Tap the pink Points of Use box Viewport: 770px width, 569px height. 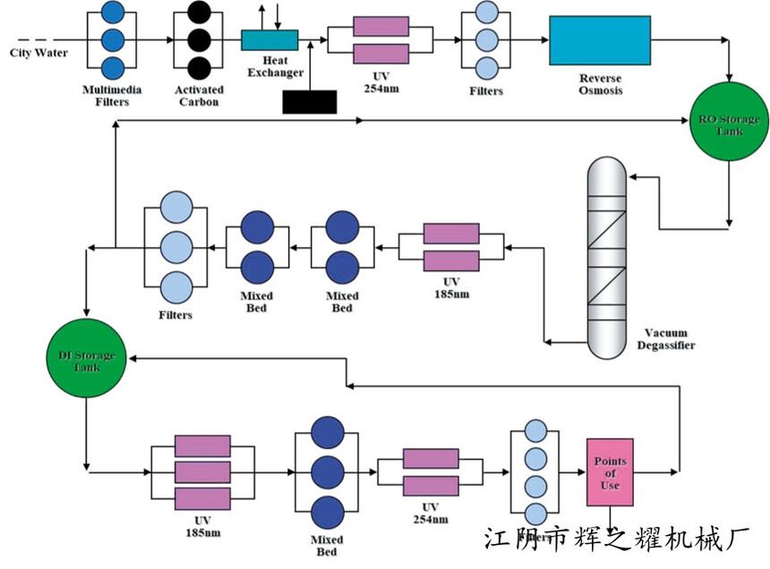pyautogui.click(x=610, y=470)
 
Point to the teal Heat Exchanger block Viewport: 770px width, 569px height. pyautogui.click(x=269, y=40)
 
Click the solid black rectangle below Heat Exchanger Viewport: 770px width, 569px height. pyautogui.click(x=310, y=102)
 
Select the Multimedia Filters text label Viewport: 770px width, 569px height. pyautogui.click(x=112, y=96)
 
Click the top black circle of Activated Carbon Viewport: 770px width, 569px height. pyautogui.click(x=199, y=13)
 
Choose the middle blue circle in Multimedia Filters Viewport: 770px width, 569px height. pyautogui.click(x=113, y=40)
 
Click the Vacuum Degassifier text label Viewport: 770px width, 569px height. pyautogui.click(x=664, y=339)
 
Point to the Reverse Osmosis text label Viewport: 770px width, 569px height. pyautogui.click(x=599, y=84)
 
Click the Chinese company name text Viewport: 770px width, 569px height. pyautogui.click(x=615, y=538)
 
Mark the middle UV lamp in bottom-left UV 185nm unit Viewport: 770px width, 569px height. pyautogui.click(x=202, y=471)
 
